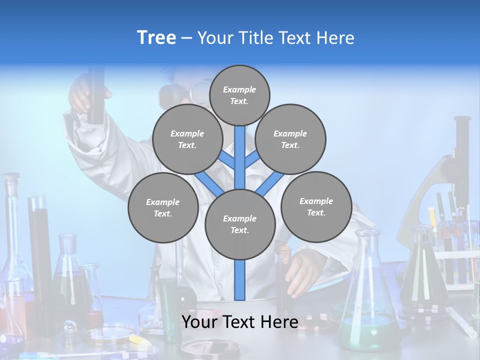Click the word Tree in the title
(x=156, y=38)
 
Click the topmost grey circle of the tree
(x=239, y=95)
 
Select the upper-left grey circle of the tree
(x=187, y=139)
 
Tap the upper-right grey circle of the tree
(x=290, y=139)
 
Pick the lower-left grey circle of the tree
(x=162, y=208)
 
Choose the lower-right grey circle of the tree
(x=316, y=207)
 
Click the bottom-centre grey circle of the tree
(x=240, y=224)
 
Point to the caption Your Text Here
(x=239, y=321)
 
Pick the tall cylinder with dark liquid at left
(x=40, y=250)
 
